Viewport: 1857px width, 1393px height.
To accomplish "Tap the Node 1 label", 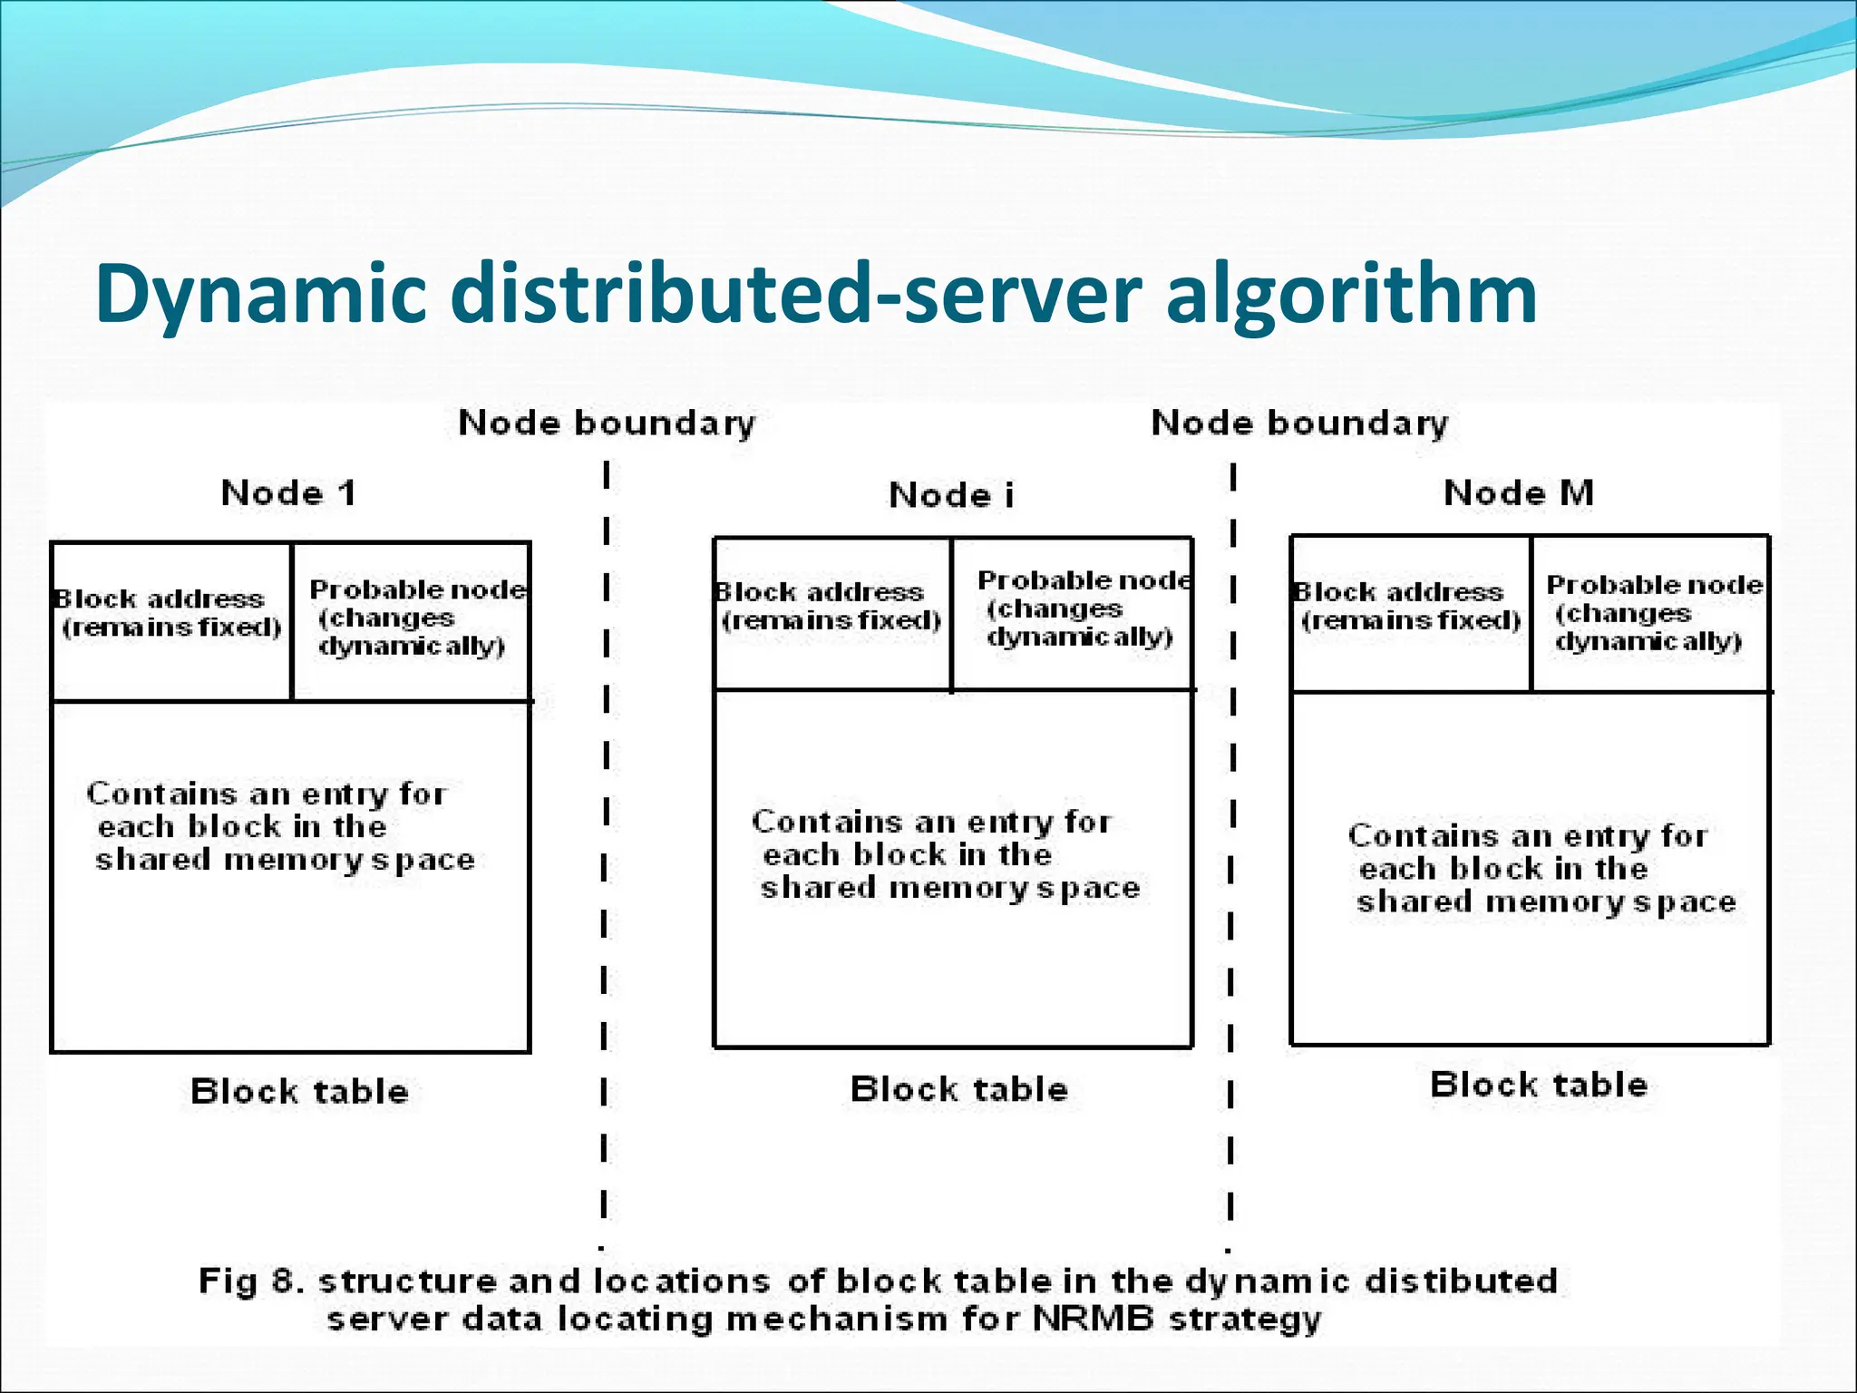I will point(288,493).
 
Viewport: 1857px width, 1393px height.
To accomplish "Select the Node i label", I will point(951,496).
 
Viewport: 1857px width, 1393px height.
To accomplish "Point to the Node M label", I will point(1518,493).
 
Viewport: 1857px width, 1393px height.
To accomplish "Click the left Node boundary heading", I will point(606,424).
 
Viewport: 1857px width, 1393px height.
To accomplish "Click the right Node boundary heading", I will point(1298,424).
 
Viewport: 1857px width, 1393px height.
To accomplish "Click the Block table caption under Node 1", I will point(299,1091).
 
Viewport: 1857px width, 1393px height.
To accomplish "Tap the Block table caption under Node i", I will point(958,1088).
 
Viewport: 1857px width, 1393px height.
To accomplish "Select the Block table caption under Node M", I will point(1538,1085).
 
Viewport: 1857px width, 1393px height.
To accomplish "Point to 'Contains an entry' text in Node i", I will point(930,822).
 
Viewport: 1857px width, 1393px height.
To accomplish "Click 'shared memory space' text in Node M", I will point(1545,902).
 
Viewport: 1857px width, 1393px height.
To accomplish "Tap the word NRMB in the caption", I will point(1092,1319).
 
